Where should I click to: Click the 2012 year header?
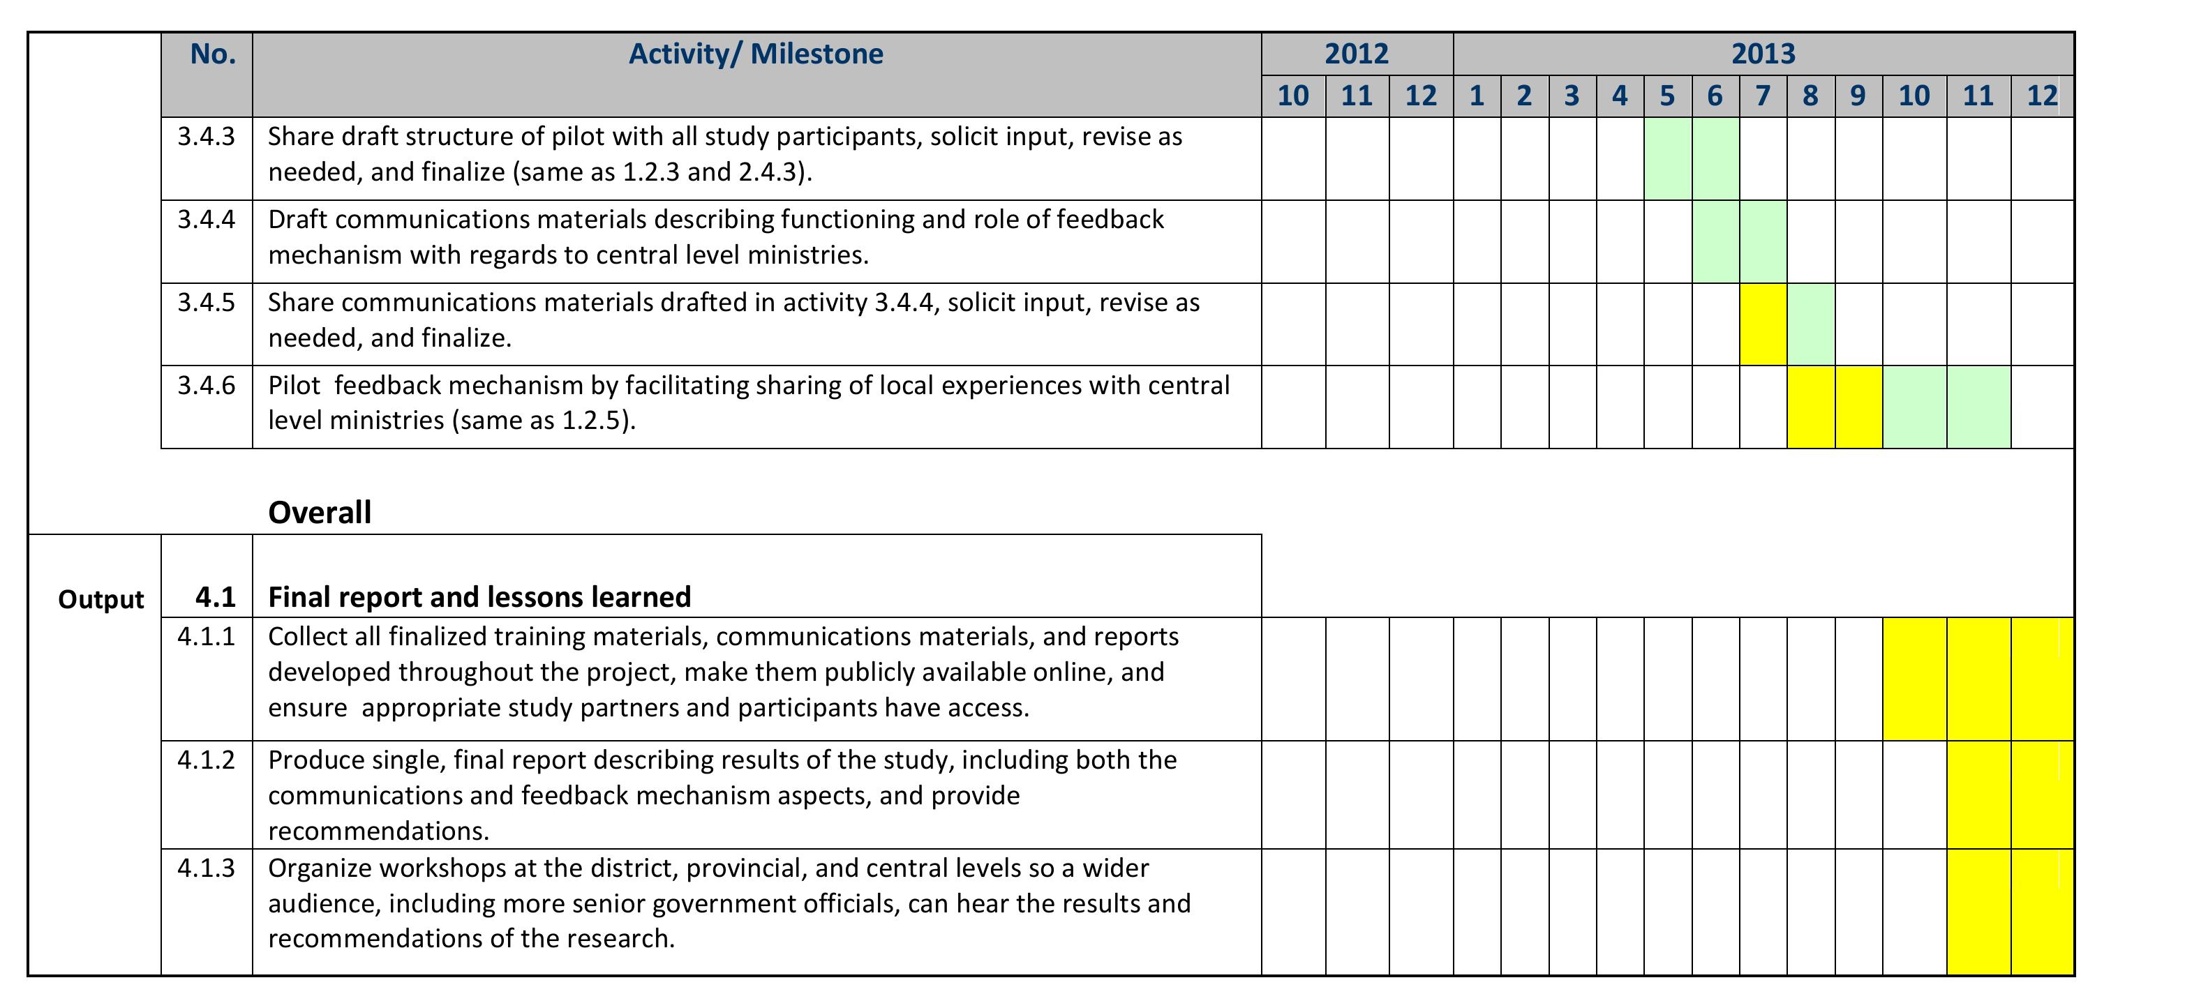coord(1356,54)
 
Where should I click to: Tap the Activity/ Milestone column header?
coord(756,54)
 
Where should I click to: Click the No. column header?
coord(213,54)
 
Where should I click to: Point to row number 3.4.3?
coord(206,136)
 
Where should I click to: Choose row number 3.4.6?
coord(206,385)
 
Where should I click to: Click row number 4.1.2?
coord(206,759)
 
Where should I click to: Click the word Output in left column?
coord(100,599)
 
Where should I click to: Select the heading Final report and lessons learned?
coord(479,596)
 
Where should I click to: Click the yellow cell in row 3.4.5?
coord(1763,324)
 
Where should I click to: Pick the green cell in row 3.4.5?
coord(1810,324)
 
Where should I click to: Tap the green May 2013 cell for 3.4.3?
coord(1667,158)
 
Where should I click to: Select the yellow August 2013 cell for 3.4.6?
coord(1810,407)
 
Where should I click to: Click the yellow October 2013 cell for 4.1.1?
coord(1914,679)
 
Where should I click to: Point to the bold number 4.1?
coord(215,596)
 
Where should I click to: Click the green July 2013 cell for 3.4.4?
coord(1763,241)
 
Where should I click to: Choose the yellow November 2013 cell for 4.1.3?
coord(1978,912)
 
